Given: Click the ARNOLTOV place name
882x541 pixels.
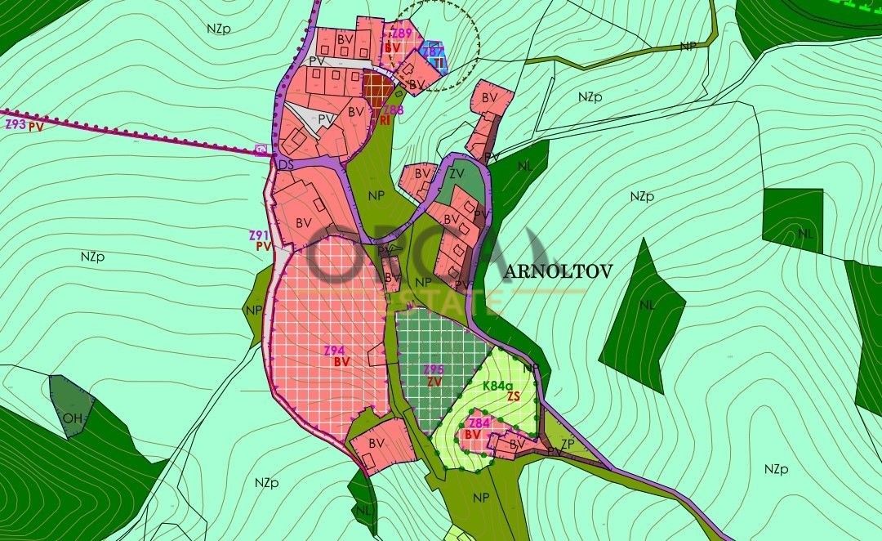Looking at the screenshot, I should (x=558, y=272).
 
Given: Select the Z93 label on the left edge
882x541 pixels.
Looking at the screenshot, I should (x=14, y=124).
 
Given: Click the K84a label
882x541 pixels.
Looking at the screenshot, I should (x=497, y=386).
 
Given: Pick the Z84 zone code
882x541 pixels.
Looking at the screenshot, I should (x=479, y=423).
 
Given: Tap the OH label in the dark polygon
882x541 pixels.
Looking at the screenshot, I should (x=73, y=418).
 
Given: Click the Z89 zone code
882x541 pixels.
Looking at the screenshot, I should (x=401, y=34).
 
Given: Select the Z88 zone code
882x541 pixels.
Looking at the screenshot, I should (x=393, y=110).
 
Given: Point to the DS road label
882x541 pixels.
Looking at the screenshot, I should (x=285, y=165).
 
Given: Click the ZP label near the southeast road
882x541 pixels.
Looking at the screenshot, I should (x=568, y=444).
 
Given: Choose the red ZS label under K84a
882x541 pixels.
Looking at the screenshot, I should (x=514, y=396).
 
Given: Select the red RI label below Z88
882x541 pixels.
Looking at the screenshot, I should (x=384, y=120).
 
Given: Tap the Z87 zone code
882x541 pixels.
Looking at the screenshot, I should (x=433, y=51).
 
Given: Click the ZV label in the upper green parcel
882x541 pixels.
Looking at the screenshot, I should (x=457, y=173).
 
